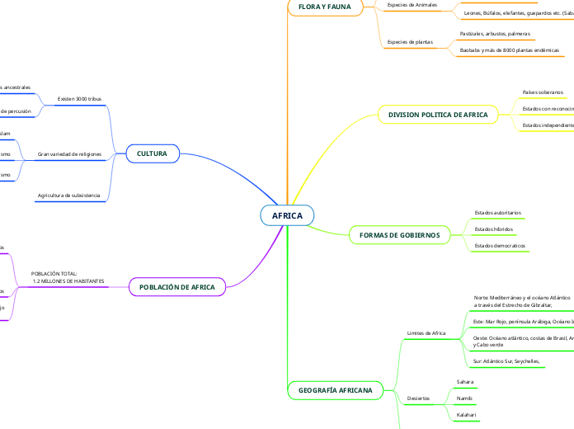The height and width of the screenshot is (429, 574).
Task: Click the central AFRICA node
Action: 288,216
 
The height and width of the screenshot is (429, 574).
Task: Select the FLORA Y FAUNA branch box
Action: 324,7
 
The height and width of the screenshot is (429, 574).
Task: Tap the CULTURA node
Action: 152,153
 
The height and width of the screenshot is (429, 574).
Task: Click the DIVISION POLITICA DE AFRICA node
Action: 438,115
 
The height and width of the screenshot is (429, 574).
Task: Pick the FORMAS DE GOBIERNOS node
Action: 400,235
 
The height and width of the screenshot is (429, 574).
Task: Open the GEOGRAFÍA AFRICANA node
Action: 335,389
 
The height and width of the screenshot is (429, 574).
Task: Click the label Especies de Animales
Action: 412,4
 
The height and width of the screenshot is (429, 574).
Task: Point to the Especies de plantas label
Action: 410,41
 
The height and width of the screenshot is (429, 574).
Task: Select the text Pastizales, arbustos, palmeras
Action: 495,34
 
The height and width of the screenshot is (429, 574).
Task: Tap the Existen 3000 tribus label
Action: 79,98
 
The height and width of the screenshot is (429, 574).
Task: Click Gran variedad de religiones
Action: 69,154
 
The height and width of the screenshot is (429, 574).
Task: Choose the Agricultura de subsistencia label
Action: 68,196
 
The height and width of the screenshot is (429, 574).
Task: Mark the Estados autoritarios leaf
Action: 498,213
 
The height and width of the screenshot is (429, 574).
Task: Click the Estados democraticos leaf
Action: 500,246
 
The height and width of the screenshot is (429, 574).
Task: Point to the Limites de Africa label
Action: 426,333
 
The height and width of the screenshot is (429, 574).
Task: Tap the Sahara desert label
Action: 465,382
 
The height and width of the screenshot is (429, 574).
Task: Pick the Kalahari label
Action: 467,413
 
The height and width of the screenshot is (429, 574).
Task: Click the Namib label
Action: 464,398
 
